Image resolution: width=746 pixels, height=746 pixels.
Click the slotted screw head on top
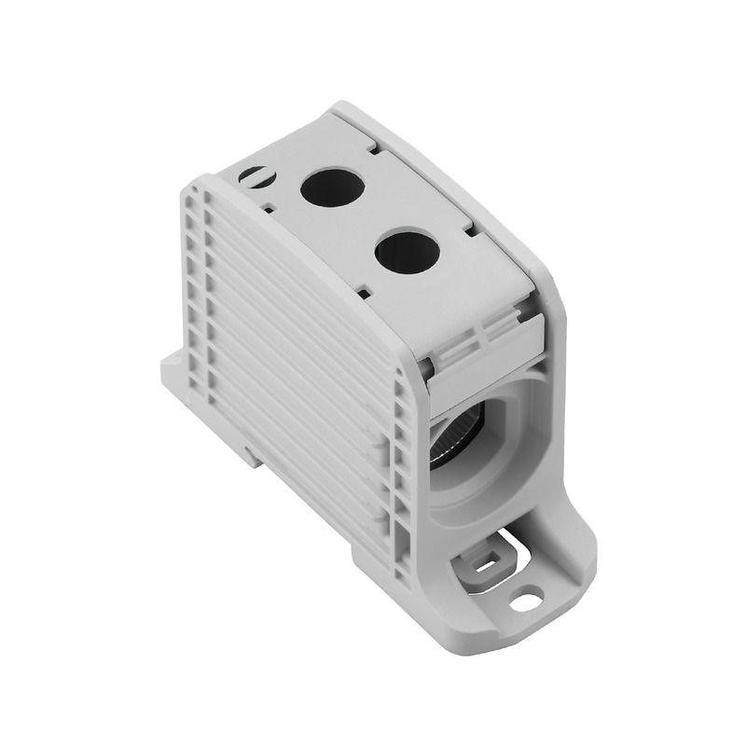(x=253, y=173)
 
